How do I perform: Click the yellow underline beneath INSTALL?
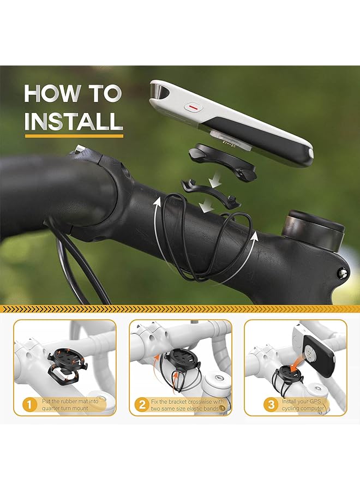click(x=74, y=135)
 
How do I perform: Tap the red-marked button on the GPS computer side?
click(x=193, y=106)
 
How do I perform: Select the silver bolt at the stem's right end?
click(x=343, y=272)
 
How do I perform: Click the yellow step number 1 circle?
click(x=29, y=405)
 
